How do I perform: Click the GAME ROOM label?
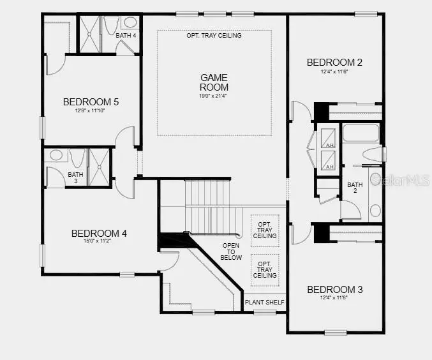click(x=214, y=82)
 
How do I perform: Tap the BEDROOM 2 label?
click(x=334, y=63)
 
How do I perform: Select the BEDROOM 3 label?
click(x=334, y=290)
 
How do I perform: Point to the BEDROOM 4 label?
click(x=99, y=234)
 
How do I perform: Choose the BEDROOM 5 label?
click(x=91, y=101)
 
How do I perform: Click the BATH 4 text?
click(x=126, y=36)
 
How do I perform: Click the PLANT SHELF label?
click(x=265, y=302)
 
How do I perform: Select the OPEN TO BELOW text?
click(x=232, y=251)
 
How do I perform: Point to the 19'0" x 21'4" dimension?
click(x=214, y=96)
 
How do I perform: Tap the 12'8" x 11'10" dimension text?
click(x=91, y=111)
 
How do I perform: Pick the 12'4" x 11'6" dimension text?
click(x=334, y=72)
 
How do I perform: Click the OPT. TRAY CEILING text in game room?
click(x=214, y=36)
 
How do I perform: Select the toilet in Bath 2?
click(x=373, y=154)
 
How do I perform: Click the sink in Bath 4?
click(x=131, y=22)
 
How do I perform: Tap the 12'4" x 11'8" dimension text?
click(x=334, y=299)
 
